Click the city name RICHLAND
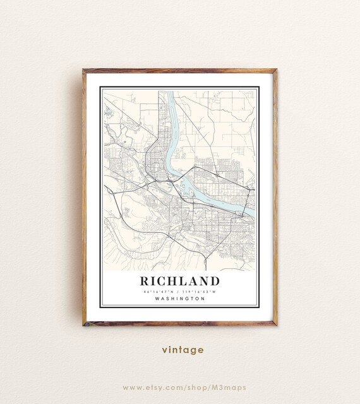coord(180,280)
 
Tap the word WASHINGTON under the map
coord(180,299)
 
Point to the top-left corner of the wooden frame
coord(83,70)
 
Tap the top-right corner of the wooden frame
coord(276,70)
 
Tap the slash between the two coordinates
coord(181,292)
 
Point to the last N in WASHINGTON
coord(203,299)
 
